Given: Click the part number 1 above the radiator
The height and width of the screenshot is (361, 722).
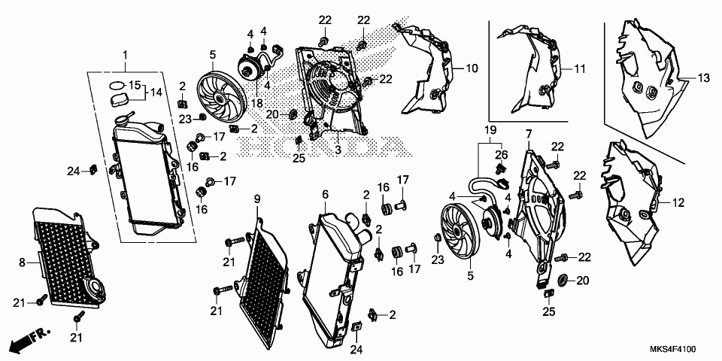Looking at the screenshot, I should pos(126,55).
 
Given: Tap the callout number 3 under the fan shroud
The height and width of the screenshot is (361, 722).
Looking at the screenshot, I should pos(338,150).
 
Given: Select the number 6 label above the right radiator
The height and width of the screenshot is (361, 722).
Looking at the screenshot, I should pos(325,194).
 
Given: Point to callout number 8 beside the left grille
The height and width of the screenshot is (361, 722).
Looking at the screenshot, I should pos(22,262).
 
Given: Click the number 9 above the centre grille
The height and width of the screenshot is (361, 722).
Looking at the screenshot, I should pos(256,199).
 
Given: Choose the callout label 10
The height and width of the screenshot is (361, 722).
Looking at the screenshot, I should pos(472,68).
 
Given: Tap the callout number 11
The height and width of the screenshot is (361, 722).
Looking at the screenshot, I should pos(579,68).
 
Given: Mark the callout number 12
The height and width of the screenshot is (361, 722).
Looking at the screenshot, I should pos(678,203).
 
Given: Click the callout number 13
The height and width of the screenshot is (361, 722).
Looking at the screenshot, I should pos(703,77).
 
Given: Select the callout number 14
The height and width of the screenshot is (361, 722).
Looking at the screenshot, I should pos(156,92).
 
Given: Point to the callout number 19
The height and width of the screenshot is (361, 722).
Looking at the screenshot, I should pos(490,130).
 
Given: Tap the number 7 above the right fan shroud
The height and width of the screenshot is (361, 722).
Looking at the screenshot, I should pos(528,134).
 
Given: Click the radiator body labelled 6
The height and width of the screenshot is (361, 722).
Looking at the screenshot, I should pos(331,278).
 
